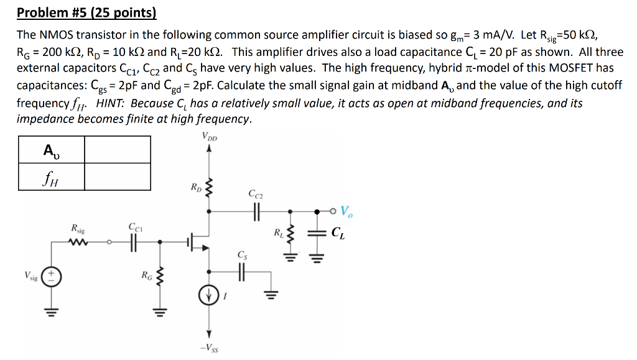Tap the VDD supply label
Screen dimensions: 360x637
point(210,136)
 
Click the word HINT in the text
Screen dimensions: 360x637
point(113,103)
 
